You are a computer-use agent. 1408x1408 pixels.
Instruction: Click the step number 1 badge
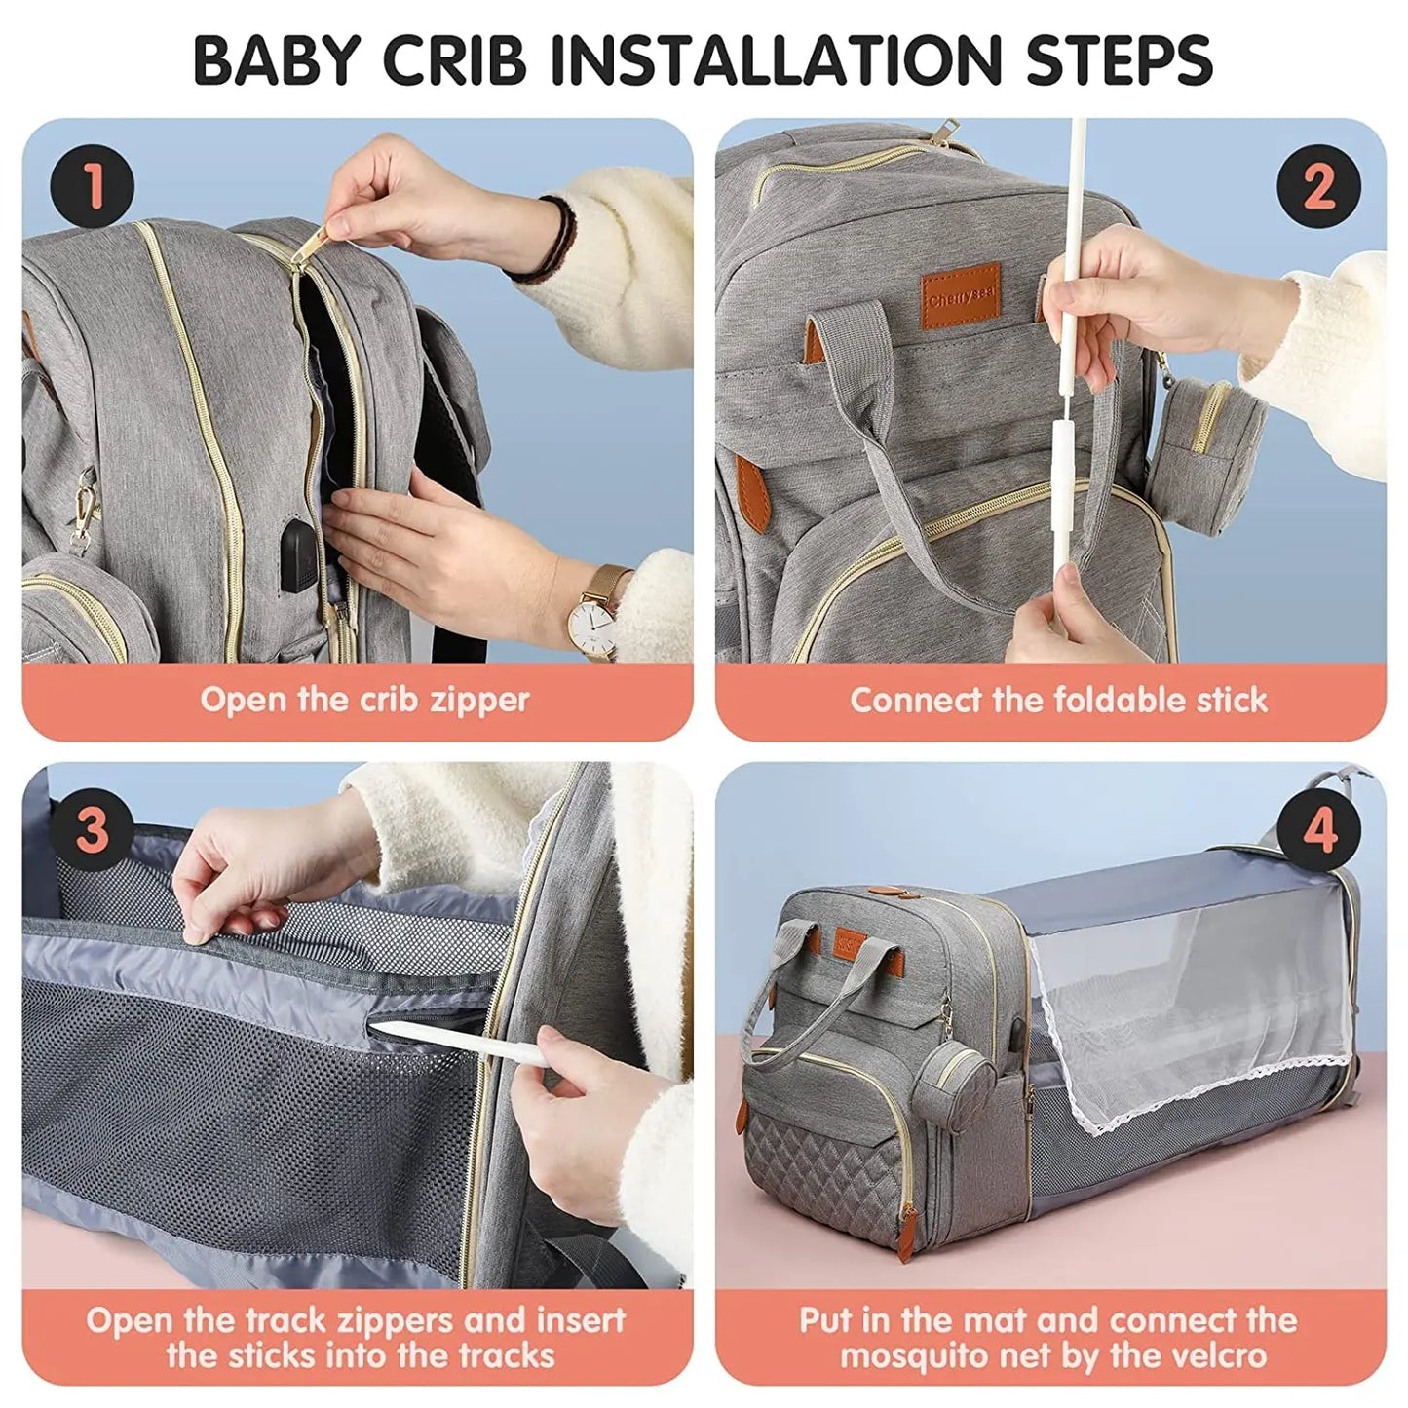tap(93, 186)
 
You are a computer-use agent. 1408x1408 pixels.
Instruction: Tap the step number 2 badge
tap(1317, 186)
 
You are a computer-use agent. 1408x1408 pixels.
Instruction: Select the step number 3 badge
tap(93, 830)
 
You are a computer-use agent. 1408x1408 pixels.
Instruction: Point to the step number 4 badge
tap(1317, 830)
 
